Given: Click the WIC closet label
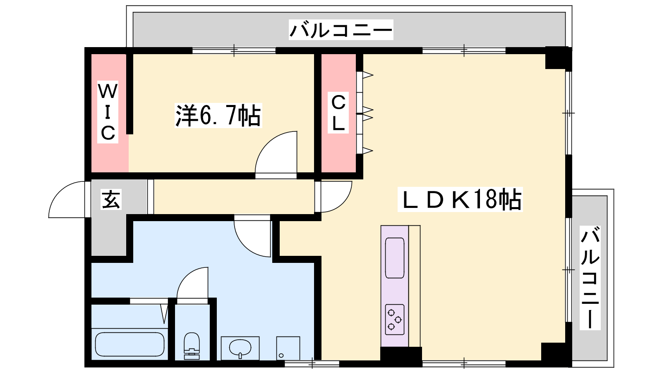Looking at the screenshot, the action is point(108,112).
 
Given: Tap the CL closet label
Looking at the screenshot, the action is point(338,112).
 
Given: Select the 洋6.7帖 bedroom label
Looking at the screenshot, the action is point(218,115).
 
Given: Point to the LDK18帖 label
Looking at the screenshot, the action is point(460,199).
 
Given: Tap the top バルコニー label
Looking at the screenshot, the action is point(341,30).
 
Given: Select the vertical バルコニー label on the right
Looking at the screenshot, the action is point(590,277).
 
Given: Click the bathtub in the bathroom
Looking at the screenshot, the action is point(130,345).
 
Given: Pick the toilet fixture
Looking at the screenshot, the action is point(192,346).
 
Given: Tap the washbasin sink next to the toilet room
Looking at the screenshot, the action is point(240,348).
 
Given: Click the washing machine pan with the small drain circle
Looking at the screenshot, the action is point(288,348).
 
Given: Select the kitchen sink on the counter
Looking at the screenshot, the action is point(395,258).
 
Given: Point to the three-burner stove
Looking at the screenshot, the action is point(395,320).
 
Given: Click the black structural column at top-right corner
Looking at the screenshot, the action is point(559,57).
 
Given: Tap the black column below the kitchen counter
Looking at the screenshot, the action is point(401,357).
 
